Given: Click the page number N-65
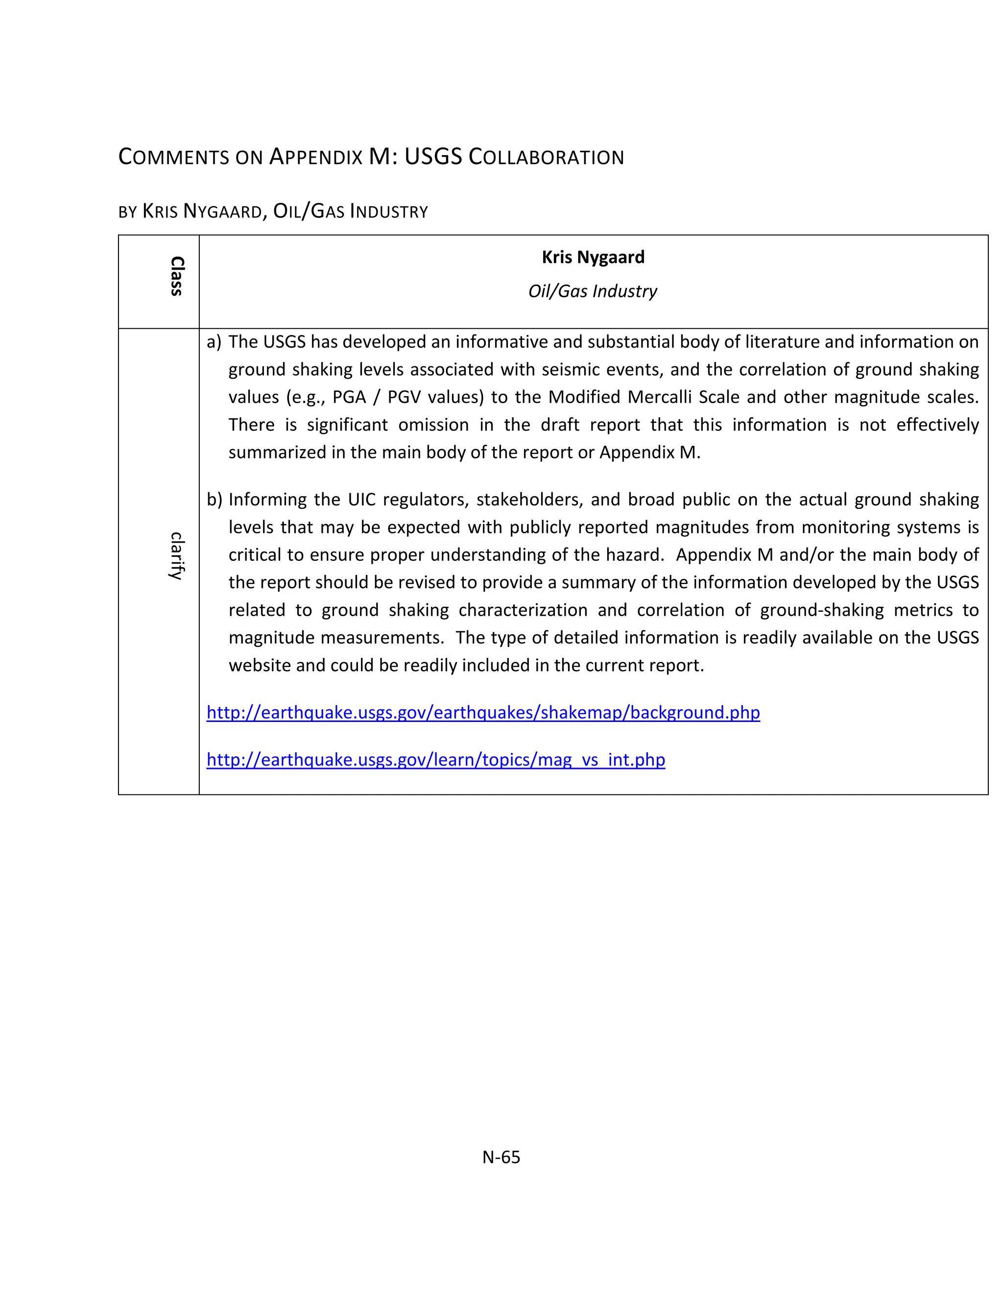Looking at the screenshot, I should [x=501, y=1157].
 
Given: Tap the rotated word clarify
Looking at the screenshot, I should [x=176, y=556].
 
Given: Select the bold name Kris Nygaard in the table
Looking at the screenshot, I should [x=593, y=257].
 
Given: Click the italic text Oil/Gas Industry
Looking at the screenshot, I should [x=593, y=291].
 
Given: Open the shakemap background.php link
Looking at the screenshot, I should [x=483, y=712].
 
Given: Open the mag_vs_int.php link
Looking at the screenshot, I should [x=435, y=760].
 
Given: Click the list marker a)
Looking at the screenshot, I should [x=214, y=342].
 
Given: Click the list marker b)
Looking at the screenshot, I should [x=214, y=499].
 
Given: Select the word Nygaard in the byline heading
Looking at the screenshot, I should [x=223, y=212].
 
